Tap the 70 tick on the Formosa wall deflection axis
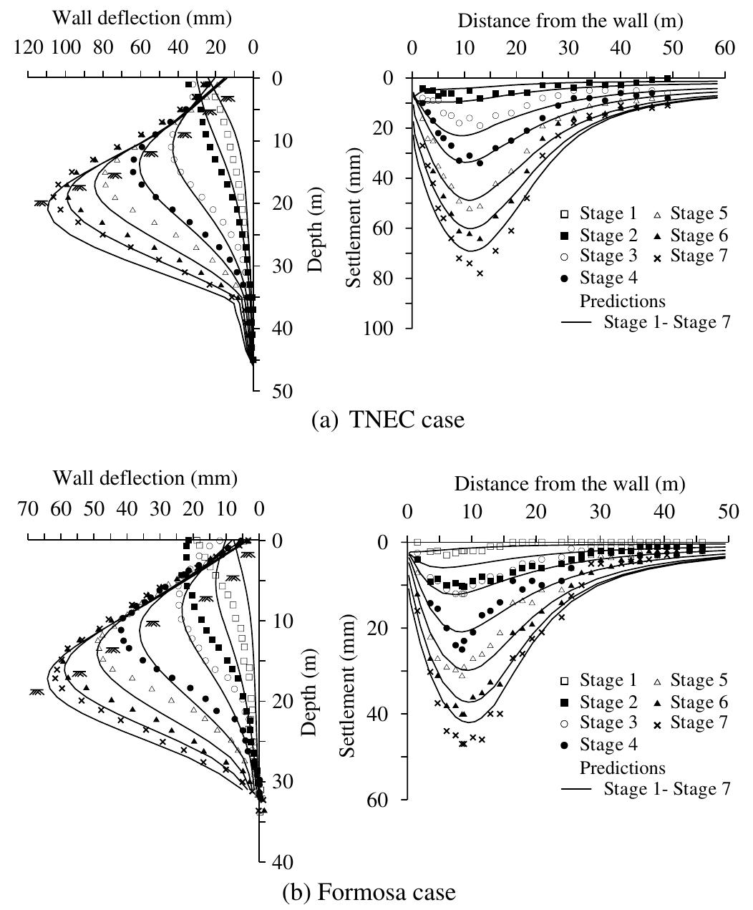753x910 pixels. point(29,509)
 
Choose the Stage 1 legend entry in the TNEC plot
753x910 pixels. point(598,213)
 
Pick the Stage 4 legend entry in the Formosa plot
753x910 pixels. point(598,745)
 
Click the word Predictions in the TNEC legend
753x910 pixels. point(623,300)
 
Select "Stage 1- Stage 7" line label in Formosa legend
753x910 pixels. point(666,789)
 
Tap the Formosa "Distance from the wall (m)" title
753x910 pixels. point(569,485)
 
